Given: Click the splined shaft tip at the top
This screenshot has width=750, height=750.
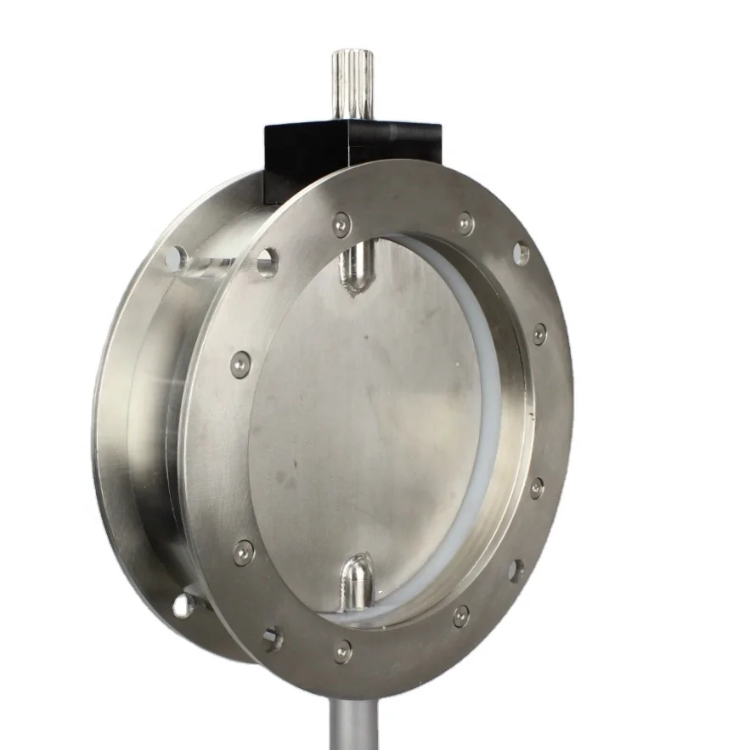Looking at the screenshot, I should pos(347,84).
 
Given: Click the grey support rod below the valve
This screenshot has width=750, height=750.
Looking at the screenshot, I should pos(352,722).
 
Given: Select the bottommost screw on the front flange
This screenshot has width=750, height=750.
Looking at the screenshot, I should pos(342,651).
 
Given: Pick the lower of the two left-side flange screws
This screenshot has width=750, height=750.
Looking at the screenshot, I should pos(243,552).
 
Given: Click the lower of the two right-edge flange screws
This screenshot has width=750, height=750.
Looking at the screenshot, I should pos(537,488).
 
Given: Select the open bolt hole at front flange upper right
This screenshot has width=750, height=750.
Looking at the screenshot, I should pos(522,253).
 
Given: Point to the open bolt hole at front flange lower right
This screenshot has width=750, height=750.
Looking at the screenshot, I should pos(516,570).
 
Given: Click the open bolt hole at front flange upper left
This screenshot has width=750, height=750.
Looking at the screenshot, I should pos(267,262).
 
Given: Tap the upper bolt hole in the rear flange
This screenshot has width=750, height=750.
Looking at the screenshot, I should pos(176,257).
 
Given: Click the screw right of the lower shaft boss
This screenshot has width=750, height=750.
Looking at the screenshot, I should pos(460,616).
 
